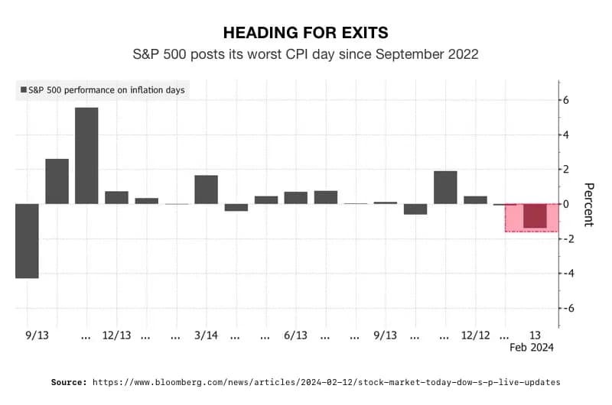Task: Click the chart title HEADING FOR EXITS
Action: tap(305, 32)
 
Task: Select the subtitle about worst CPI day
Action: tap(305, 54)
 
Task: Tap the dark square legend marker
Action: tap(23, 90)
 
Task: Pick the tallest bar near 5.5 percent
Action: tap(86, 156)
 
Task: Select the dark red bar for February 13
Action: tap(535, 216)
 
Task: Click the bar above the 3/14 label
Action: tap(206, 190)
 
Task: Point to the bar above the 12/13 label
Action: tap(116, 197)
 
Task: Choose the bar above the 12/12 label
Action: tap(475, 200)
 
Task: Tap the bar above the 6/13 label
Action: tap(295, 198)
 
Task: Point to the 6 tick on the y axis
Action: tap(566, 100)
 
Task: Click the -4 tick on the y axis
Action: tap(566, 274)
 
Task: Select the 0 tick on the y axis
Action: tap(566, 204)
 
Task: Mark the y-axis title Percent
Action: tap(588, 204)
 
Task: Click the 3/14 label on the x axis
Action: tap(206, 335)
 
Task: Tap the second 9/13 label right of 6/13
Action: tap(385, 335)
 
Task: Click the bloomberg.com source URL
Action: tap(327, 381)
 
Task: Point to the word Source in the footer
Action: tap(69, 381)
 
